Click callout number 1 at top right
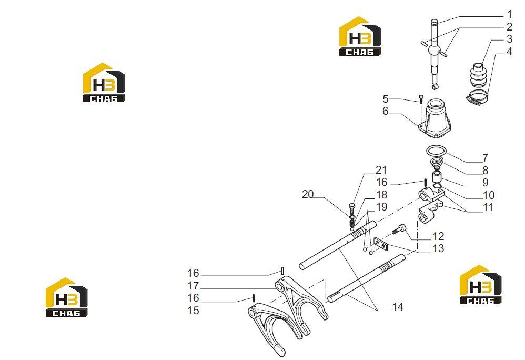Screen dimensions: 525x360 509,14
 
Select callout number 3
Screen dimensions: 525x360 509,39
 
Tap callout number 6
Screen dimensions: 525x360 386,111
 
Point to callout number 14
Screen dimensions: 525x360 398,306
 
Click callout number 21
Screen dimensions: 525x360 381,170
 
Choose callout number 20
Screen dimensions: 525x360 308,194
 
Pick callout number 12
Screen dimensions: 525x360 438,236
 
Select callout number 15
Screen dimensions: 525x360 193,311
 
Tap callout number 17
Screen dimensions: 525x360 193,286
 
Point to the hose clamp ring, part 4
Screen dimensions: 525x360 477,97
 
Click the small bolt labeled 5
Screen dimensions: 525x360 421,99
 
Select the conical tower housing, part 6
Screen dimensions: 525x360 435,118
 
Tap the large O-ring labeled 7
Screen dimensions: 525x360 436,146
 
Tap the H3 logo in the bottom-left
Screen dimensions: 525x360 66,297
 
